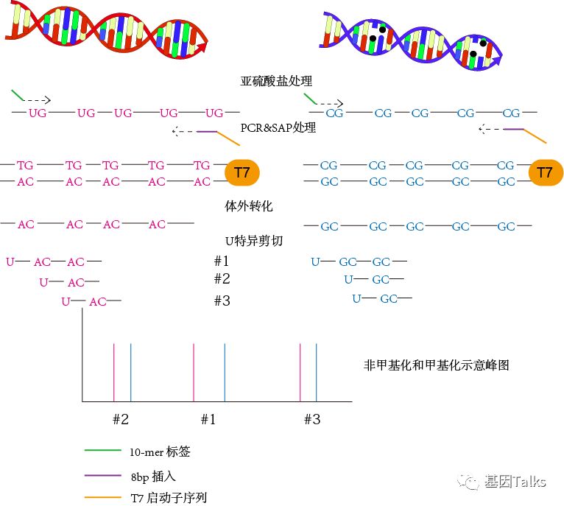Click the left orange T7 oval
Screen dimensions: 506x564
click(x=242, y=173)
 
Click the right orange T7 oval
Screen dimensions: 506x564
click(x=544, y=173)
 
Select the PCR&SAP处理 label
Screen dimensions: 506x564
click(x=278, y=127)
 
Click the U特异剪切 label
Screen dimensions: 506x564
click(x=253, y=240)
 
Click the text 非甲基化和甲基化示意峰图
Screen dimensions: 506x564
click(x=437, y=365)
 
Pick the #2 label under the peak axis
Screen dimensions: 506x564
click(x=121, y=419)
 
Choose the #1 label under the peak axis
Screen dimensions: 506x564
click(x=208, y=419)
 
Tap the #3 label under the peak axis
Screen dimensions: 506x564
click(x=312, y=419)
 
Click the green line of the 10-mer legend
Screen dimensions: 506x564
click(x=102, y=451)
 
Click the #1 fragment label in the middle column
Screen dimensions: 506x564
click(x=221, y=261)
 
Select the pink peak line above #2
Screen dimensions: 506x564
click(x=114, y=372)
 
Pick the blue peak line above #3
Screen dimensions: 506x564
click(x=316, y=372)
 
